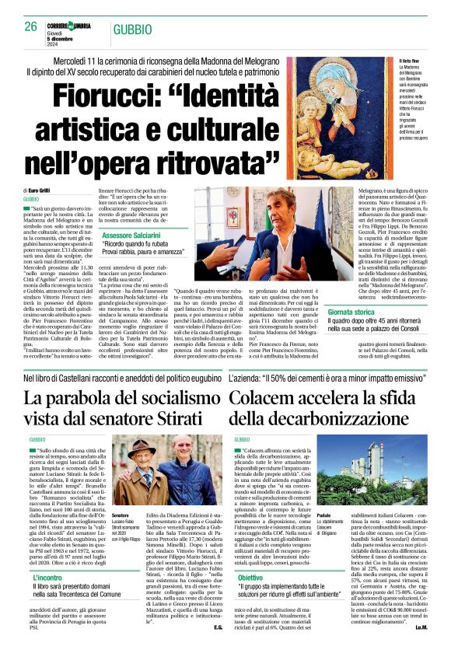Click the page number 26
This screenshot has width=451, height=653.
click(x=31, y=26)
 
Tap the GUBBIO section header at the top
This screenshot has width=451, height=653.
click(x=130, y=28)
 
